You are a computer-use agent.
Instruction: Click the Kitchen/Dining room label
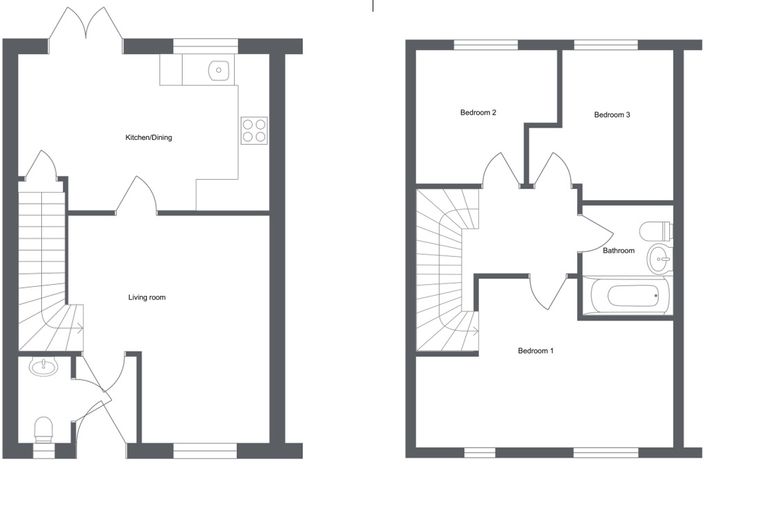point(149,138)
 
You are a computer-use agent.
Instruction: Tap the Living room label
point(147,297)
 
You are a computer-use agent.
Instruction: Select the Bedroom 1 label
point(536,351)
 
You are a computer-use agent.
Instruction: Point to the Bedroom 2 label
point(478,112)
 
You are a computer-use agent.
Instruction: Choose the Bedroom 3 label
point(612,115)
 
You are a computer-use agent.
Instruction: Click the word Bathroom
point(618,251)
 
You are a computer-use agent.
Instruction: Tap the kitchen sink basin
point(219,70)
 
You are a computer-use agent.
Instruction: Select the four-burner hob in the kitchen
point(254,130)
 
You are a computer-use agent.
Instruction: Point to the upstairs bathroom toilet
point(655,231)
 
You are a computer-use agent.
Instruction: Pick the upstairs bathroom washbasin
point(660,259)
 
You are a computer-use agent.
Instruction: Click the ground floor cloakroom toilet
point(44,430)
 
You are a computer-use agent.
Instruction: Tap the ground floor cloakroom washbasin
point(43,366)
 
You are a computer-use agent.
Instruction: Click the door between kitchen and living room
point(137,194)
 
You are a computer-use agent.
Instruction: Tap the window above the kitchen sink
point(206,47)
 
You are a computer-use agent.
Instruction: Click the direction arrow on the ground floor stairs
point(76,328)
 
